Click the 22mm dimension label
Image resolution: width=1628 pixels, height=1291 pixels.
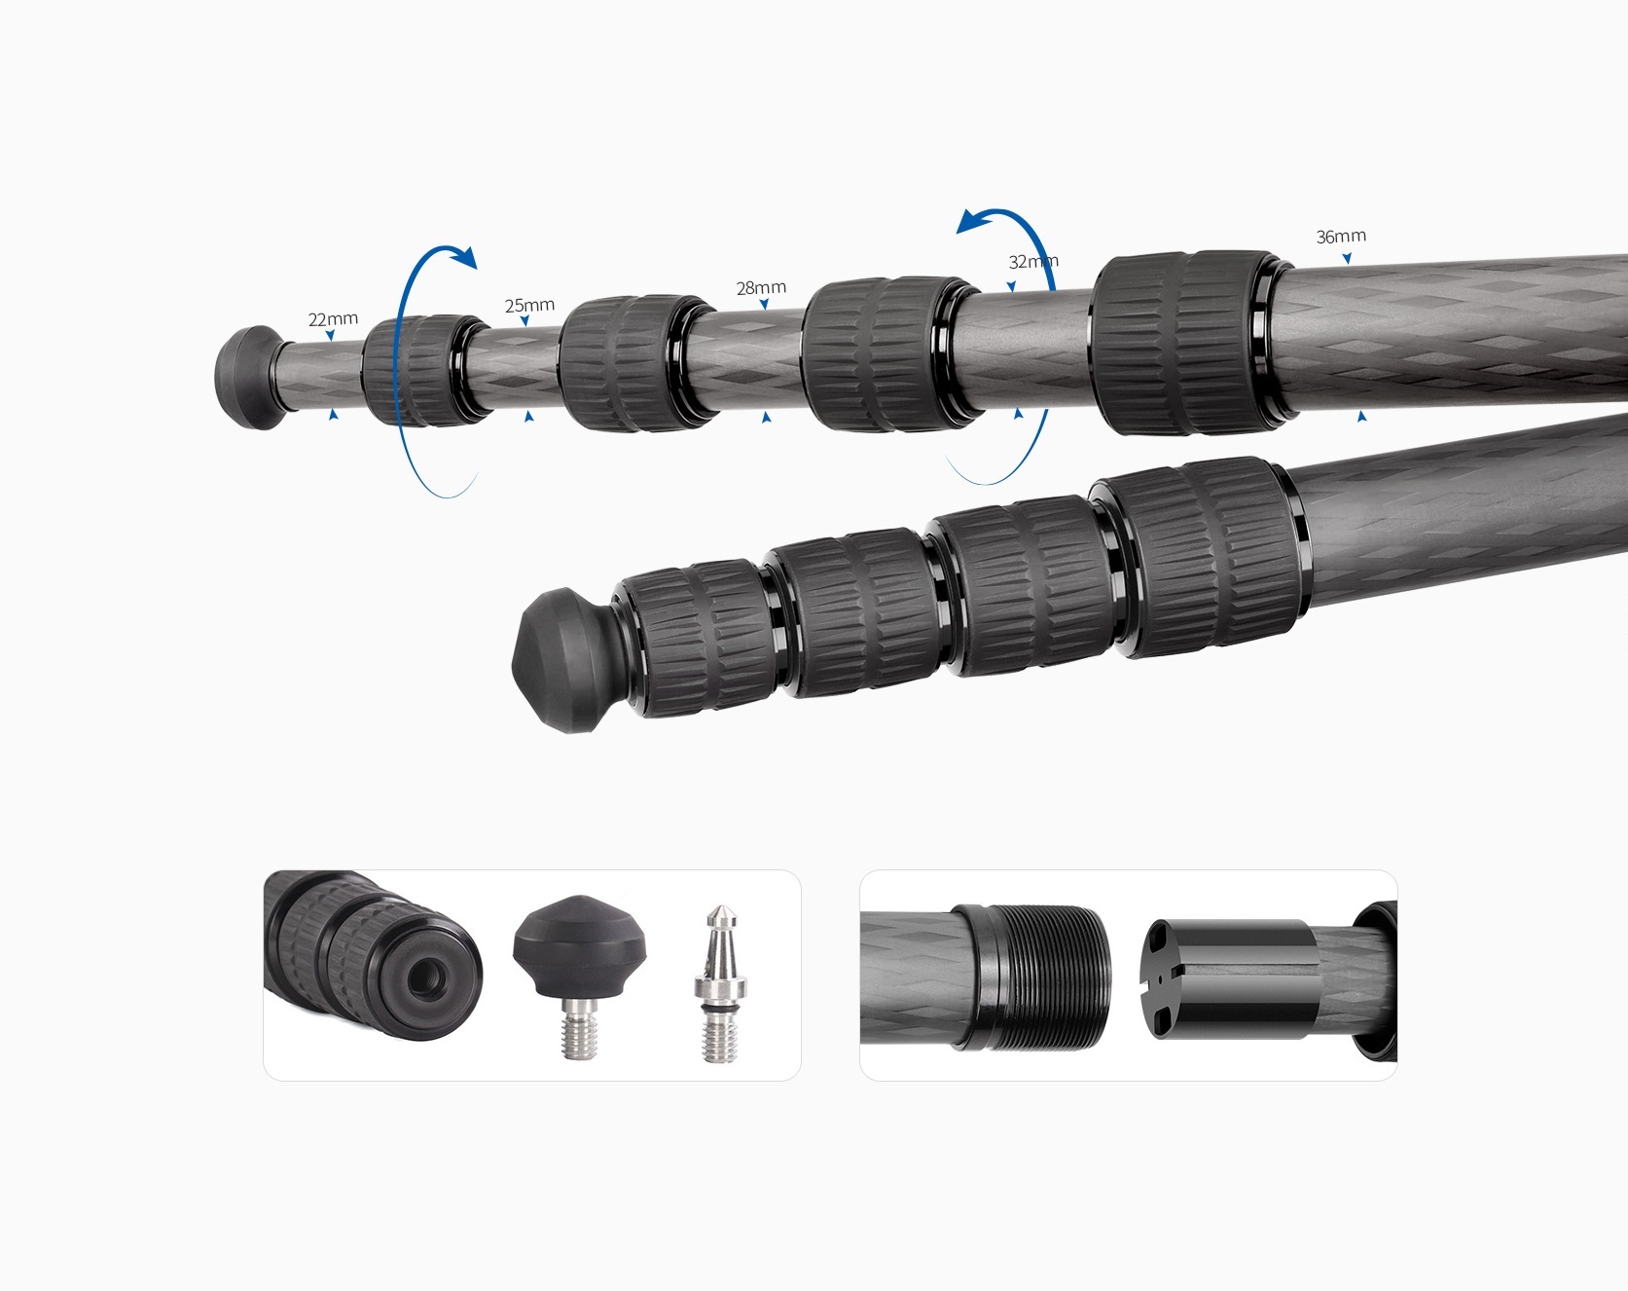click(333, 319)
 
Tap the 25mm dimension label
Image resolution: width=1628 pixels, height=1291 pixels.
click(529, 306)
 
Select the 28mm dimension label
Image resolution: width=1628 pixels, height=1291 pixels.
click(761, 288)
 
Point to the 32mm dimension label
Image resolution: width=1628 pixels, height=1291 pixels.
click(1032, 262)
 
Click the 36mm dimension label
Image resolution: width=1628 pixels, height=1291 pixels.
click(1341, 237)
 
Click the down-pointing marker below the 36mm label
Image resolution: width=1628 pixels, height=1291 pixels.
click(1347, 259)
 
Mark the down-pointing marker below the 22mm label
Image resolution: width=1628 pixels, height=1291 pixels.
click(331, 337)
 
